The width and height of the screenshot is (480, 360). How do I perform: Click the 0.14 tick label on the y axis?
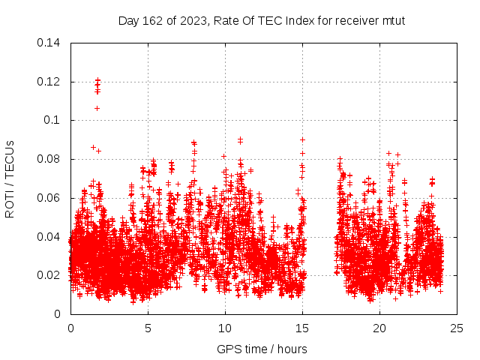(x=49, y=43)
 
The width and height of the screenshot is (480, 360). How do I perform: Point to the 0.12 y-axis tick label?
(x=49, y=82)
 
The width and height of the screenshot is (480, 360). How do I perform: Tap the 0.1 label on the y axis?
(x=54, y=120)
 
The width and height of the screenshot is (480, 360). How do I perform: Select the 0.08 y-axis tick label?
(x=49, y=159)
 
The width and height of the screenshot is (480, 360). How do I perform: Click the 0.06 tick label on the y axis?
(x=49, y=198)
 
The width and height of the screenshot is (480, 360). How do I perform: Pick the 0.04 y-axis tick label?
(x=49, y=237)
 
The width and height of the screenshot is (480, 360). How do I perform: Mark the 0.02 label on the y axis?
(x=49, y=275)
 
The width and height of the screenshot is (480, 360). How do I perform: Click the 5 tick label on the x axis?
(x=148, y=328)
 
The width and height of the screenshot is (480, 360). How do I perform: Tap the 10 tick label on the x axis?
(x=225, y=328)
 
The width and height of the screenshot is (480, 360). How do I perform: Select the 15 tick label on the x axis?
(x=302, y=328)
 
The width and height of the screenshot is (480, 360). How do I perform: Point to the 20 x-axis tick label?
(x=379, y=328)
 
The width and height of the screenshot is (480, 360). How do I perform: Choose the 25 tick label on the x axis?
(x=457, y=328)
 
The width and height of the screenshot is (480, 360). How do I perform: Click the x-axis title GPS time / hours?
(x=262, y=349)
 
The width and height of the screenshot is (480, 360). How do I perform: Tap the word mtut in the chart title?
(x=393, y=20)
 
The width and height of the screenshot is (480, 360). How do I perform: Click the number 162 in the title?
(x=151, y=20)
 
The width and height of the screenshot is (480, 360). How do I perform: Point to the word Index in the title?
(x=301, y=20)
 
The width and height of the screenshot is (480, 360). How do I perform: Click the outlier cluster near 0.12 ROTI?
(x=97, y=85)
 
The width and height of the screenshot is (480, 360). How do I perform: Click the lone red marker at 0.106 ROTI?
(x=97, y=108)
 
